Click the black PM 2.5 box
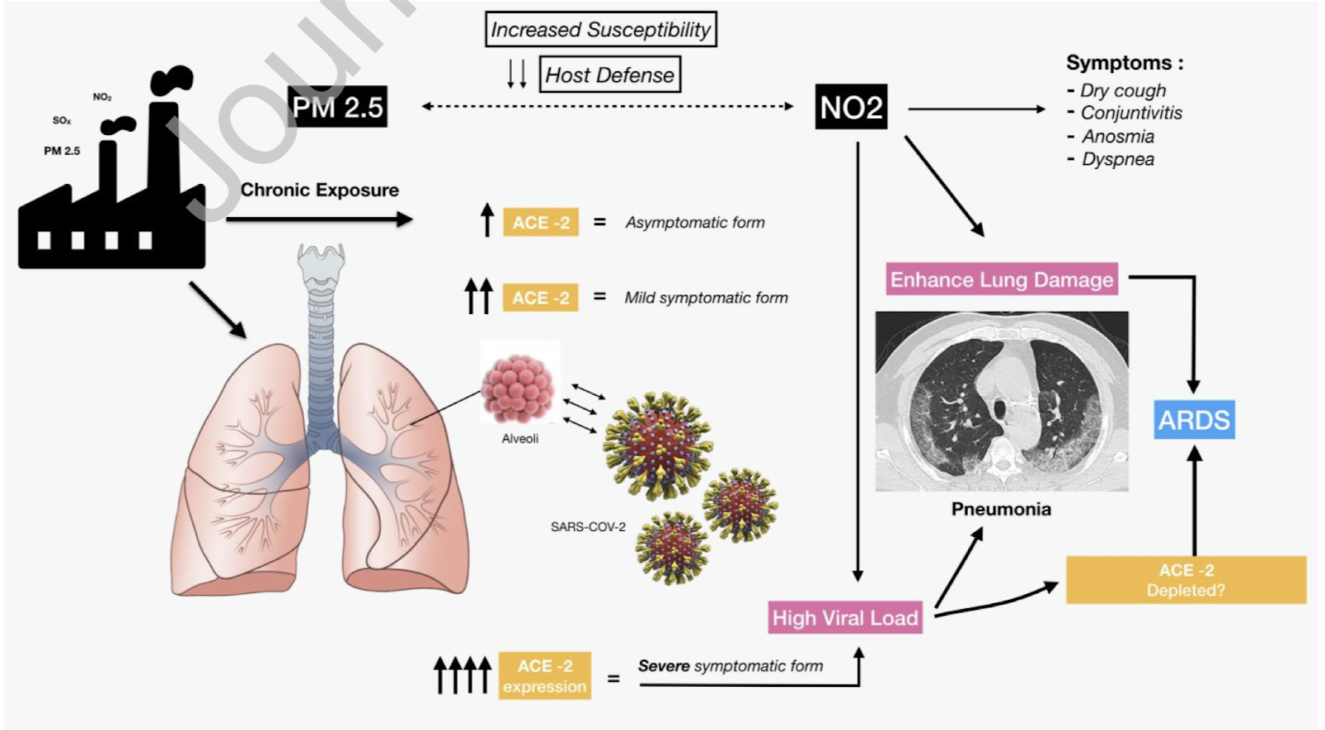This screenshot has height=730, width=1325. [338, 107]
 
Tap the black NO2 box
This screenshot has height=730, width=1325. [851, 107]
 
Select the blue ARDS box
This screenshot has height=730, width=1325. [1194, 420]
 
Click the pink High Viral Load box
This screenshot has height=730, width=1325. [845, 617]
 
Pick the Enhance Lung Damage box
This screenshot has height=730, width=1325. [1001, 280]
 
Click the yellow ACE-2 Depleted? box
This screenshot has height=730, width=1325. [1186, 580]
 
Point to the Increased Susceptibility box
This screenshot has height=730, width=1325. [600, 30]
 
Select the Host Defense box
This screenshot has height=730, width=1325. [609, 75]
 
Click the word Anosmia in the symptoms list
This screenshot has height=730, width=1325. [1117, 137]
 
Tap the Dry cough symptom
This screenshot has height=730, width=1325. [1122, 90]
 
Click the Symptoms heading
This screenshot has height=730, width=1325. [1124, 63]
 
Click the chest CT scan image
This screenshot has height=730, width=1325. [1001, 401]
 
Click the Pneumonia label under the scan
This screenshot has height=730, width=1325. [1001, 509]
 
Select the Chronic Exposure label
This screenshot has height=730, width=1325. [320, 190]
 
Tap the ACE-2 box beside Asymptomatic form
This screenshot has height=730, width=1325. [541, 222]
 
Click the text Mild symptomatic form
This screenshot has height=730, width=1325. [706, 297]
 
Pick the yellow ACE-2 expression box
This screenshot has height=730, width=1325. [544, 676]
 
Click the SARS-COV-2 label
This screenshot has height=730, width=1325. [588, 527]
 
